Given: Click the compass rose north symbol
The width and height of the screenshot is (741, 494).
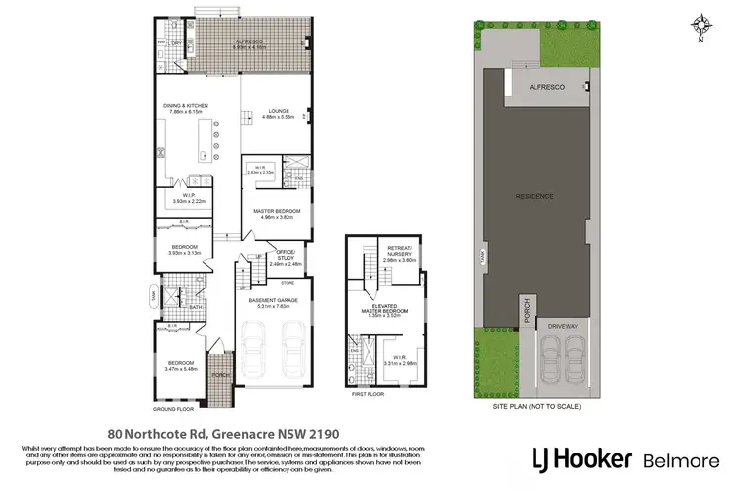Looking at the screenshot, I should click(702, 24).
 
